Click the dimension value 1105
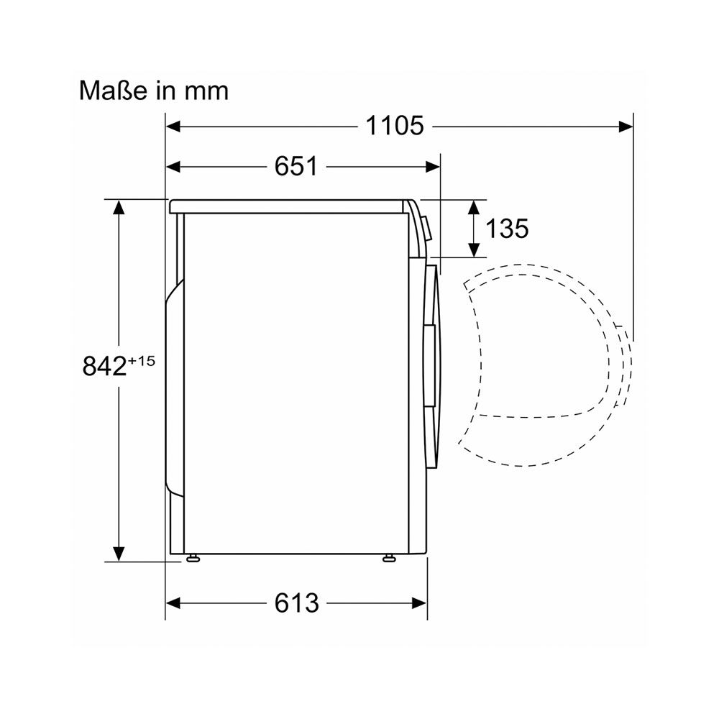[x=394, y=126]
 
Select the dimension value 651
[x=296, y=166]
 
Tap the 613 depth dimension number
[x=297, y=603]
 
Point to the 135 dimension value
[x=507, y=228]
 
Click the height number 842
[x=104, y=366]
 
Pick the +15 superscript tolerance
[x=141, y=361]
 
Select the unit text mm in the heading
[x=206, y=92]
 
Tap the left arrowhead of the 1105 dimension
[x=173, y=127]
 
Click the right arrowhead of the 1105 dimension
[x=626, y=127]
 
